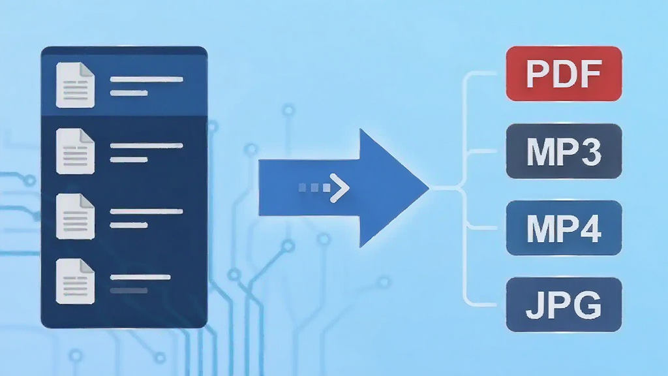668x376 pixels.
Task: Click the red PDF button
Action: [564, 74]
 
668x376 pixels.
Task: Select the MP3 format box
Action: [564, 151]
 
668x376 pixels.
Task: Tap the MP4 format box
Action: [564, 228]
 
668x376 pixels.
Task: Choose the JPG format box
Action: [564, 304]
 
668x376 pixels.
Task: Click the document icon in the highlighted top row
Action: [75, 85]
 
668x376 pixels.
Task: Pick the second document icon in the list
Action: [75, 151]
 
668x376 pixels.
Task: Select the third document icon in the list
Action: [75, 217]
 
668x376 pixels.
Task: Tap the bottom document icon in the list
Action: [75, 281]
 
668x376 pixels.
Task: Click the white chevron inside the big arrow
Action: [340, 188]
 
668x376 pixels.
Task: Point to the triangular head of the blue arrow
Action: [390, 188]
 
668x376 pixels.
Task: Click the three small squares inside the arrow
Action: [314, 187]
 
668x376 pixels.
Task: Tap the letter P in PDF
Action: [538, 74]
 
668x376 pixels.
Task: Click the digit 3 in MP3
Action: [590, 151]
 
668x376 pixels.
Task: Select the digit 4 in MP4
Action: [590, 228]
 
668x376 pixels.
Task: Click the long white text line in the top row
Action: [147, 79]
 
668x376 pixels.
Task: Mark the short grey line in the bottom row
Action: [129, 290]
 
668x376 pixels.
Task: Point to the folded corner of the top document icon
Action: [87, 69]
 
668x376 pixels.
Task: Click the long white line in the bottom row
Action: [140, 277]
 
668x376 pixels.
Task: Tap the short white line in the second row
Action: [129, 160]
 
